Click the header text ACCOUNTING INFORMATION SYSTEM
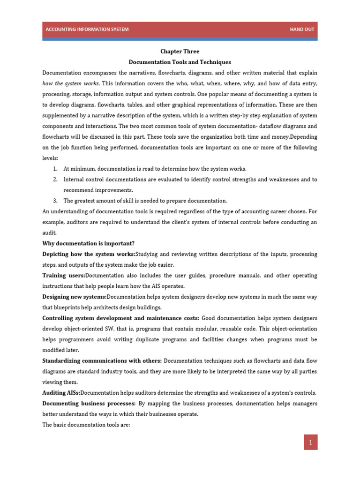tap(87, 30)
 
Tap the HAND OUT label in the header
tap(302, 30)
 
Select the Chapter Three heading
tap(180, 52)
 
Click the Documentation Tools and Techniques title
tap(180, 62)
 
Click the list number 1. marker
tap(55, 169)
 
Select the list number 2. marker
tap(55, 180)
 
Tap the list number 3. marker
tap(55, 201)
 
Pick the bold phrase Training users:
tap(64, 275)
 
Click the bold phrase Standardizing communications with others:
tap(102, 360)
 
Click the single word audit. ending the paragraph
tap(49, 232)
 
